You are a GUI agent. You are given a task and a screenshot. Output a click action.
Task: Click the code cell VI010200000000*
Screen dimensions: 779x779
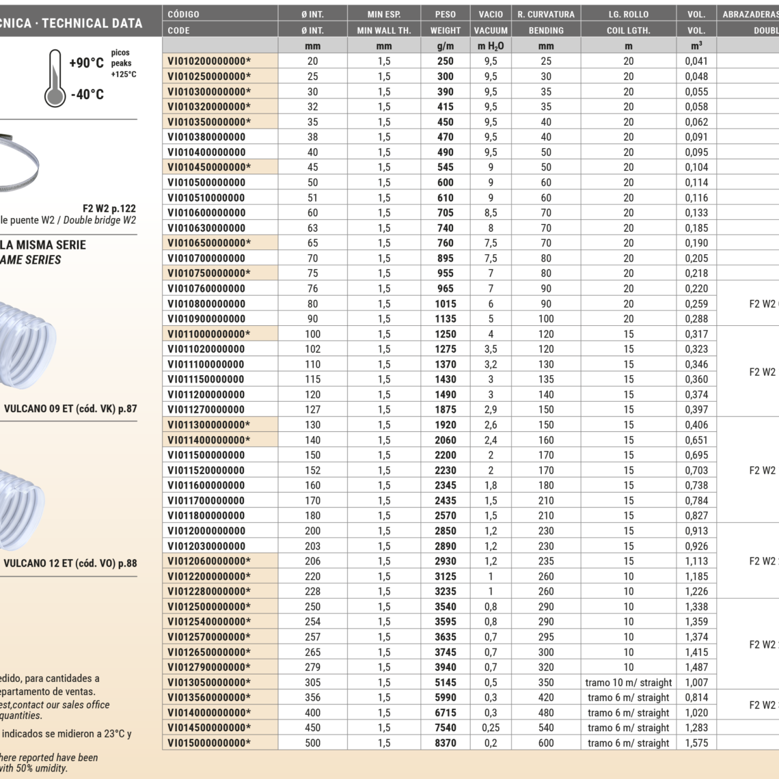click(x=209, y=61)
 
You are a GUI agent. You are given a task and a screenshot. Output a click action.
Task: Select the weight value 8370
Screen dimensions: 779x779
click(x=446, y=743)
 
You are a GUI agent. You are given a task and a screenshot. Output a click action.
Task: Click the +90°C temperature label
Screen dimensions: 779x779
click(x=87, y=64)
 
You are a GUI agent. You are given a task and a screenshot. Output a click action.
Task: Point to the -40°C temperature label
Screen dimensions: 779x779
click(x=87, y=95)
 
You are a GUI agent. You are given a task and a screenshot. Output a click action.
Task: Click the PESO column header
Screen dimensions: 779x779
click(x=446, y=14)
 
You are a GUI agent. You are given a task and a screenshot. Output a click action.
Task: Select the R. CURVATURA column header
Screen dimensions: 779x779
click(x=546, y=14)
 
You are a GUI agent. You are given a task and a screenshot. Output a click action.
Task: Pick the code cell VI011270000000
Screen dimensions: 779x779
click(x=206, y=410)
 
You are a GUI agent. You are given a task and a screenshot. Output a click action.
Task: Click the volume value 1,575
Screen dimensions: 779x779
click(x=696, y=743)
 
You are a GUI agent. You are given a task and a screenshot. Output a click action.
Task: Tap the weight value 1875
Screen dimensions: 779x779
click(x=446, y=410)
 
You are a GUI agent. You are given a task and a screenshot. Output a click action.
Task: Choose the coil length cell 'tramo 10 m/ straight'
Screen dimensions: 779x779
click(x=628, y=683)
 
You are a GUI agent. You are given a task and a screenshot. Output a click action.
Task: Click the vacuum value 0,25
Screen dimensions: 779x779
click(x=491, y=728)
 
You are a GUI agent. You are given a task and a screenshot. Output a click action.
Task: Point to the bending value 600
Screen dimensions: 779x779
click(x=546, y=743)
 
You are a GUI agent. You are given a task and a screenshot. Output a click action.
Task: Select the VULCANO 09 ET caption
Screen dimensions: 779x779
click(x=70, y=409)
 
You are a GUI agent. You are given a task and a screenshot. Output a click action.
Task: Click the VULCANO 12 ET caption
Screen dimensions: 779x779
click(x=70, y=564)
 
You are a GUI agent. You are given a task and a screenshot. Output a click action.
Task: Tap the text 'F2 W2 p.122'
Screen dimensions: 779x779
click(x=109, y=208)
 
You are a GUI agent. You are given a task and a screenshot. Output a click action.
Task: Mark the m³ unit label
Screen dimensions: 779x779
click(x=696, y=46)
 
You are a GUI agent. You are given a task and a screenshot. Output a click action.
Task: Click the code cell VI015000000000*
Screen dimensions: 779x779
click(x=209, y=743)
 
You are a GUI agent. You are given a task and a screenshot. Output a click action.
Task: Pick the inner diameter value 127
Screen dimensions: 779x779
click(x=312, y=410)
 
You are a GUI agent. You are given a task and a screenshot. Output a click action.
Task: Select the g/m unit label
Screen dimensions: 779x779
click(x=446, y=46)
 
